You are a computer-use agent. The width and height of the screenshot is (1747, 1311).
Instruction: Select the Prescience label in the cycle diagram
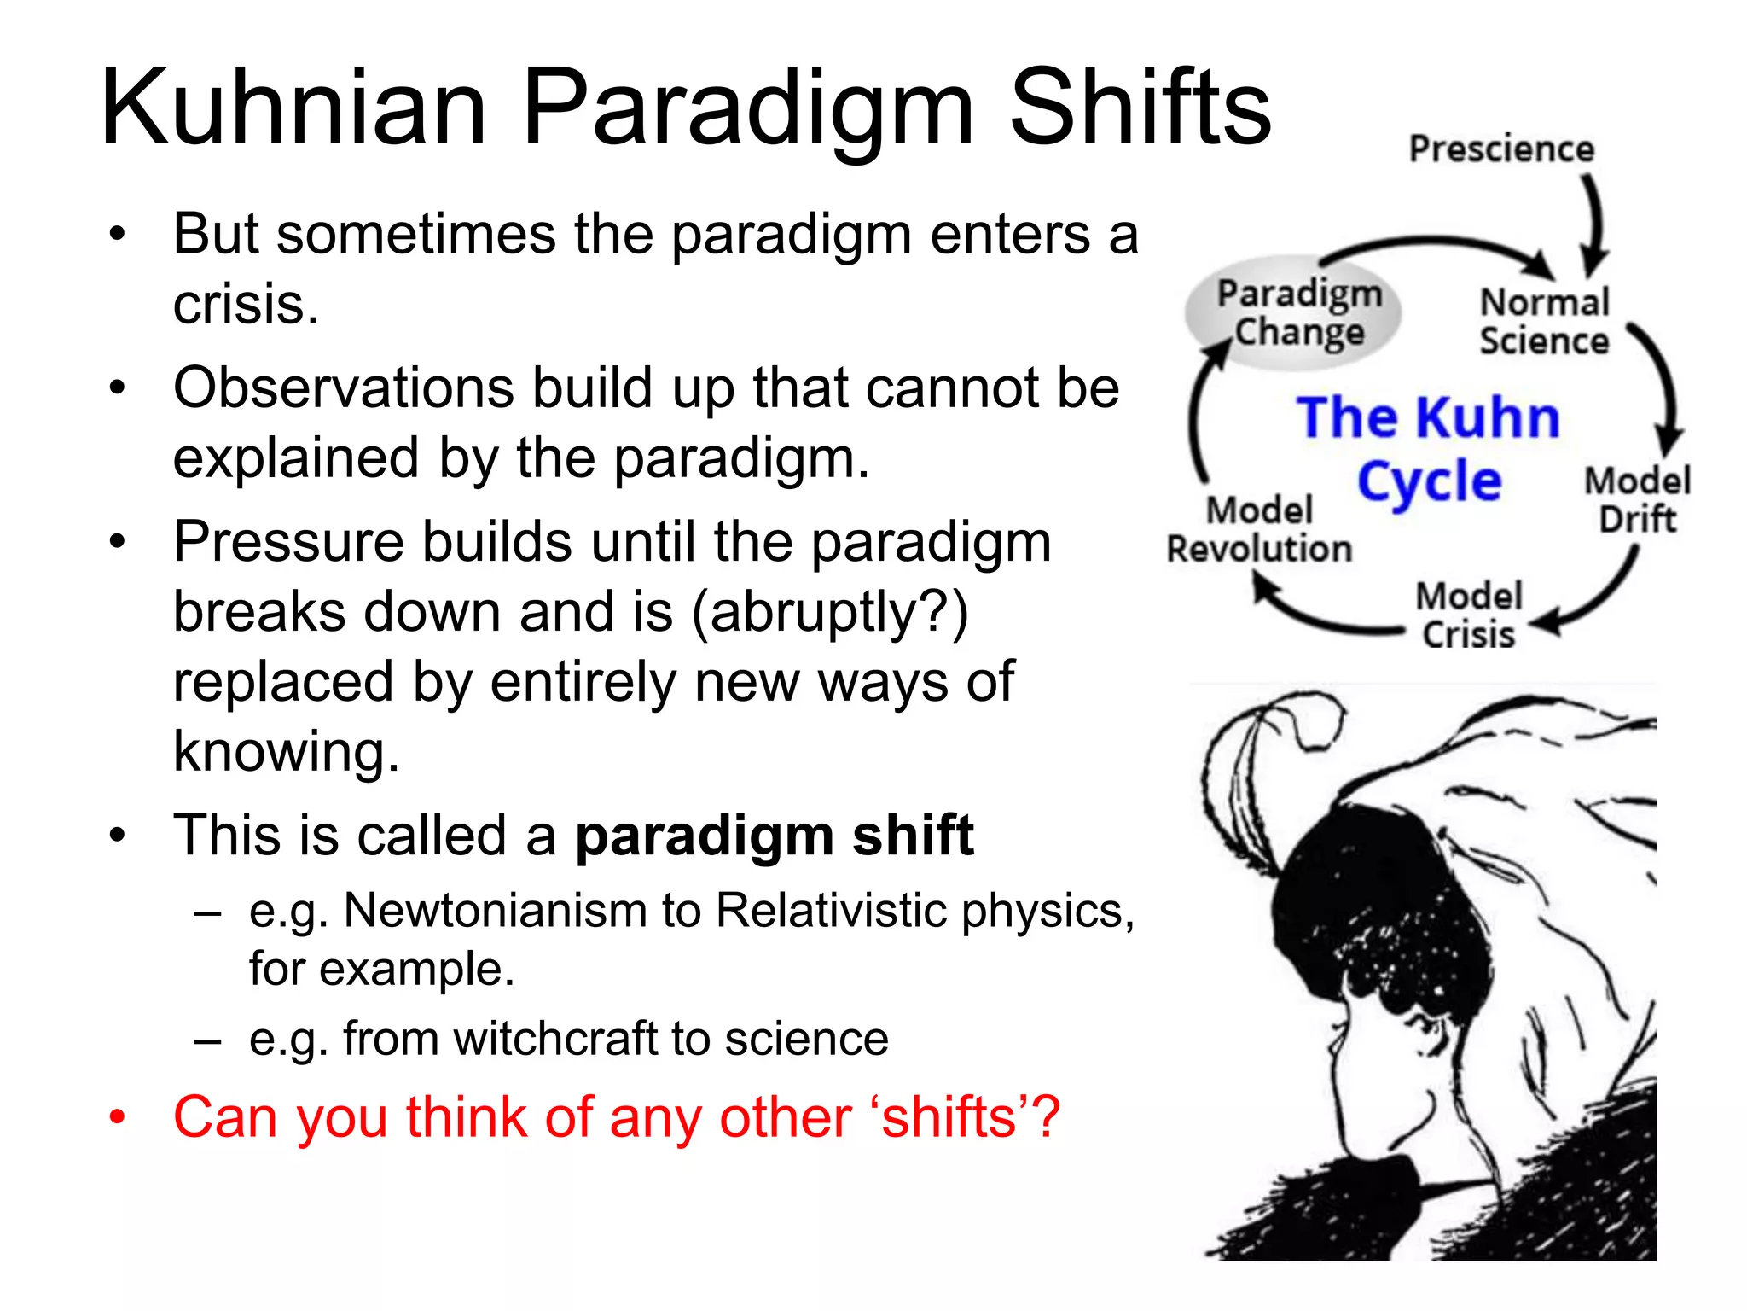tap(1501, 149)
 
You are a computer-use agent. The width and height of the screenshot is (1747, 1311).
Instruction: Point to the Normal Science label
tap(1544, 322)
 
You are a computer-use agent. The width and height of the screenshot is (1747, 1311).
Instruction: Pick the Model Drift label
tap(1637, 500)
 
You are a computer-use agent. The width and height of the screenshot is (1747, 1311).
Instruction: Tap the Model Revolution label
tap(1259, 530)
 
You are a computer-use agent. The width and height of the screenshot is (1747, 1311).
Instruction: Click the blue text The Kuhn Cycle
tap(1429, 450)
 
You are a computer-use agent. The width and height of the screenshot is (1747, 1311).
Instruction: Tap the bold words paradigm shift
tap(775, 836)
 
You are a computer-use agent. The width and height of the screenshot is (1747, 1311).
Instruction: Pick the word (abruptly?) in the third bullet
tap(829, 612)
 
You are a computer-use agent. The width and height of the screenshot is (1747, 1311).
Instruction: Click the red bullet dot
tap(117, 1116)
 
